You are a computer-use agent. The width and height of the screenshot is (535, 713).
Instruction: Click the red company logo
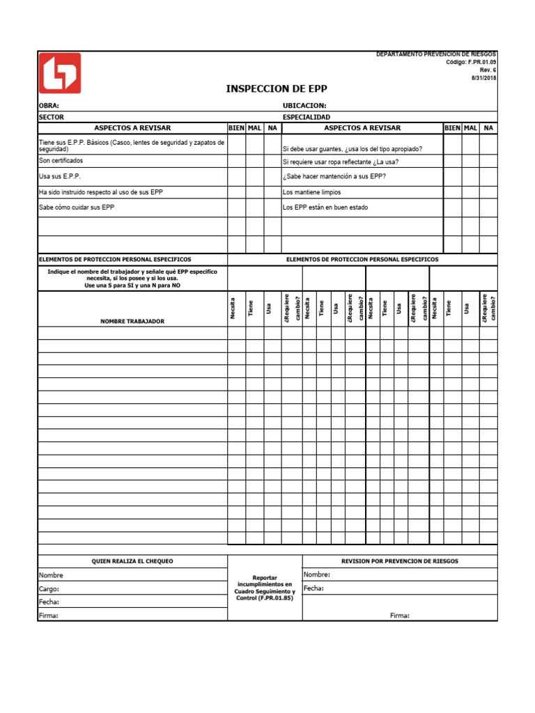coord(59,73)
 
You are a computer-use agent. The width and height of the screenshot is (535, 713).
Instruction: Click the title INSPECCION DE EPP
coord(276,88)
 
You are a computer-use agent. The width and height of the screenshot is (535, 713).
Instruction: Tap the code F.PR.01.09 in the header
coord(481,62)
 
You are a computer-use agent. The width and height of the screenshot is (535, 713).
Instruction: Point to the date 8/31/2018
coord(484,78)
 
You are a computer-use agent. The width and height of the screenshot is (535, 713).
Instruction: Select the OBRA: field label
coord(49,106)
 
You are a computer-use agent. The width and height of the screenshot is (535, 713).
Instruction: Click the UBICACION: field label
coord(304,106)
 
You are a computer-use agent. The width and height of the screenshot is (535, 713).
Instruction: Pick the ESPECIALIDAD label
coord(307,117)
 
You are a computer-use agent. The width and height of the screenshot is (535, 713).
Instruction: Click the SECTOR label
coord(51,117)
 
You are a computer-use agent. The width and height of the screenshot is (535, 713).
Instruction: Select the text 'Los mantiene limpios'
coord(311,191)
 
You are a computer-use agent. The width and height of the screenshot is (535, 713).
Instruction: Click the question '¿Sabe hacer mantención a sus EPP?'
coord(334,176)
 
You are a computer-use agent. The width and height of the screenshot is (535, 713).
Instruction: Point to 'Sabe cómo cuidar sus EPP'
coord(76,207)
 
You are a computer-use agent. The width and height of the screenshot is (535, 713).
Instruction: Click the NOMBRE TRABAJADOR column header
coord(132,321)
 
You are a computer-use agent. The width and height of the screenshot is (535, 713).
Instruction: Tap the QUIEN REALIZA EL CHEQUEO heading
coord(132,561)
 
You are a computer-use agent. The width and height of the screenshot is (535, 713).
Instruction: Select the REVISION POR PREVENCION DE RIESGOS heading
coord(400,561)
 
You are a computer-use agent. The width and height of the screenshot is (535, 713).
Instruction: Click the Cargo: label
coord(49,588)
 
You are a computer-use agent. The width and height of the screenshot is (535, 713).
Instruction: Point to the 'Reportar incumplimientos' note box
coord(264,588)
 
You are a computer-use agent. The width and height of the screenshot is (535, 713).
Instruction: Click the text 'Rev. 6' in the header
coord(487,70)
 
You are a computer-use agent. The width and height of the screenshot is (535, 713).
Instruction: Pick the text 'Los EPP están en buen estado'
coord(325,207)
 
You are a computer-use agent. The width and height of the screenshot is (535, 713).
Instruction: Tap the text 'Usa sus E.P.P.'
coord(60,176)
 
